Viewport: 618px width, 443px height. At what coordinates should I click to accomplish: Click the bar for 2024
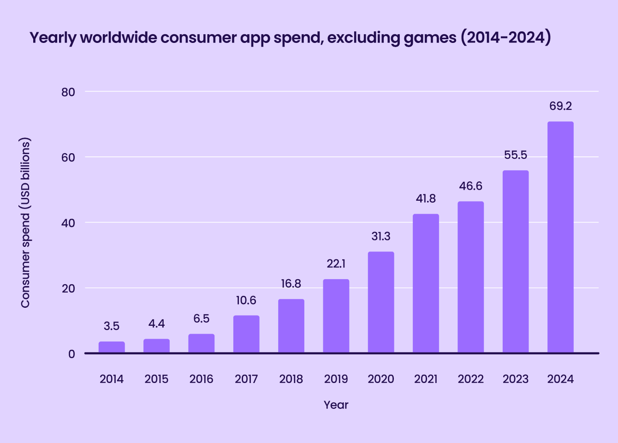(x=560, y=237)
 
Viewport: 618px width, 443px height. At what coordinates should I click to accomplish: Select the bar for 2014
(x=112, y=347)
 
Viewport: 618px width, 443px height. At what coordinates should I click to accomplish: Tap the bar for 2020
(x=381, y=302)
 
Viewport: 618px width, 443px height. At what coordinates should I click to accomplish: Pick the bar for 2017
(x=246, y=334)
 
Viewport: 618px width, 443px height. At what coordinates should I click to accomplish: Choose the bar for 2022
(x=470, y=277)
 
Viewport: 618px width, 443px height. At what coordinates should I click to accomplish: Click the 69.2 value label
(x=560, y=106)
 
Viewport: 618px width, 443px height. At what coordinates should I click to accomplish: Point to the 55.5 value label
(x=515, y=155)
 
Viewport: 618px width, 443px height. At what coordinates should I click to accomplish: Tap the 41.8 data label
(x=426, y=198)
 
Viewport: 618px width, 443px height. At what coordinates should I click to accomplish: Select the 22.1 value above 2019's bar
(x=336, y=263)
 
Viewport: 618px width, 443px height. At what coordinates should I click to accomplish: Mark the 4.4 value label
(x=156, y=323)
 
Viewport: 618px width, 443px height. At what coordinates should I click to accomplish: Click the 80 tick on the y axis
(x=68, y=92)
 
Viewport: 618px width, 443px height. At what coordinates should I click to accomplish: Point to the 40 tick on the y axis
(x=68, y=223)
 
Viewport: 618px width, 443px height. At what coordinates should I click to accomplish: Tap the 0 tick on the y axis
(x=71, y=354)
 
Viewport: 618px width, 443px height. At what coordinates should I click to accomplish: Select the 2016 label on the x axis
(x=201, y=379)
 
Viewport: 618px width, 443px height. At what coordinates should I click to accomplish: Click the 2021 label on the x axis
(x=426, y=379)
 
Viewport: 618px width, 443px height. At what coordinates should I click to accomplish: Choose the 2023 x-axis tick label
(x=515, y=379)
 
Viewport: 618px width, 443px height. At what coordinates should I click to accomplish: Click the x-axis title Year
(x=336, y=405)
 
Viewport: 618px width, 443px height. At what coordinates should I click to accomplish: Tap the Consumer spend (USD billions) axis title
(x=25, y=223)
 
